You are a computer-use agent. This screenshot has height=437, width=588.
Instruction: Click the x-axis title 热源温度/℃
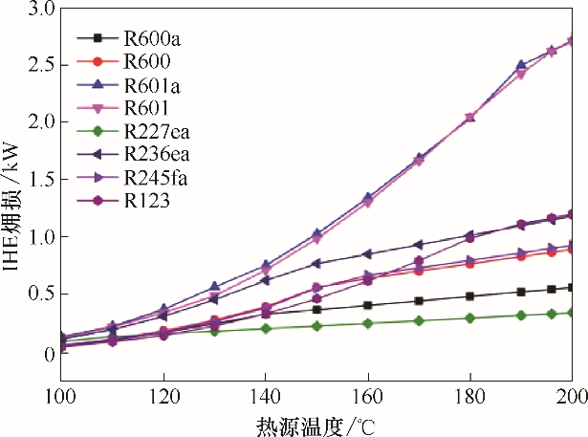tap(316, 424)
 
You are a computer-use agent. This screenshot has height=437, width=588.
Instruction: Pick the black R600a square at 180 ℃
tap(469, 296)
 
